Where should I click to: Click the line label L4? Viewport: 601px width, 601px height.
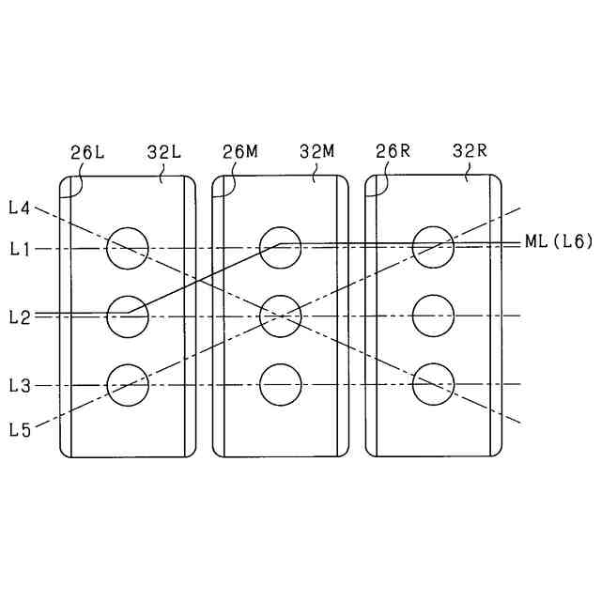[x=20, y=207]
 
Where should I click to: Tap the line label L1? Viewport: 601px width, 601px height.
[x=20, y=249]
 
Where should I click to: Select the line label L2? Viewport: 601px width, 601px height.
[x=20, y=316]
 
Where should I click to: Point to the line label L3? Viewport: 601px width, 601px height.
[x=20, y=386]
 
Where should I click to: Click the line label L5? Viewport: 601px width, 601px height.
[x=20, y=429]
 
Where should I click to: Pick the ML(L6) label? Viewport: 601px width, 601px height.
[x=558, y=242]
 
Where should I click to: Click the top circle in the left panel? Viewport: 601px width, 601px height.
[x=128, y=248]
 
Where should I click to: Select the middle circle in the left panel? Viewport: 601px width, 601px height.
[x=128, y=316]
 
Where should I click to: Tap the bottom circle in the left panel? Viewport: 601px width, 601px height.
[x=128, y=385]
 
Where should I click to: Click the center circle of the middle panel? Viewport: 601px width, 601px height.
[x=280, y=316]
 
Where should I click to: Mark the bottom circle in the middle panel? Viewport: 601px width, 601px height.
[x=280, y=385]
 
